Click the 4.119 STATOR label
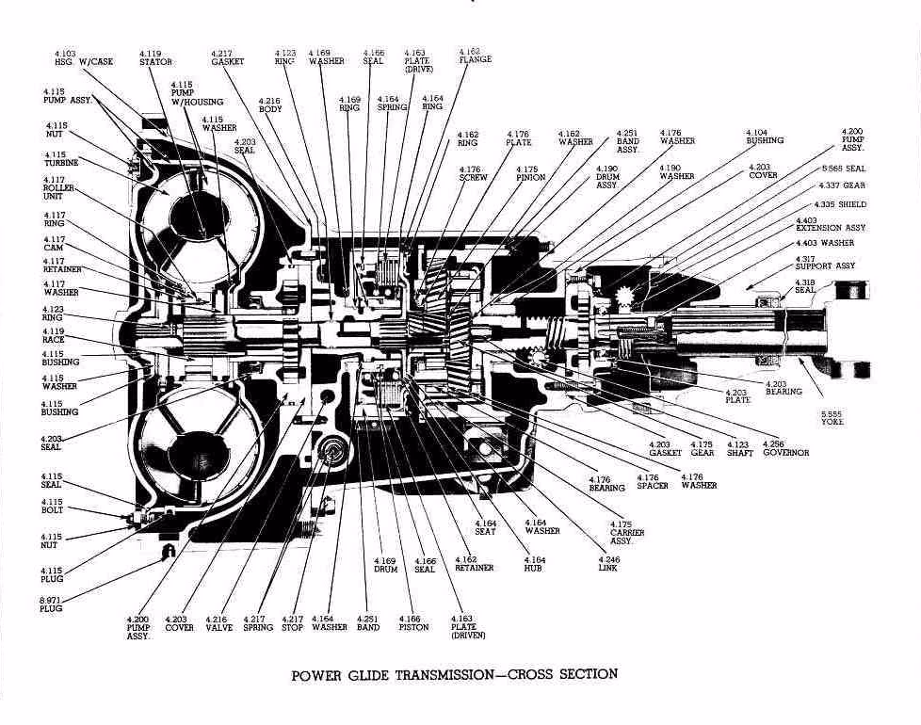click(155, 57)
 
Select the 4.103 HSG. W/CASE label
click(83, 57)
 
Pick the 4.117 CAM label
click(54, 244)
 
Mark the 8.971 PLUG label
click(52, 604)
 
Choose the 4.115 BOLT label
click(53, 506)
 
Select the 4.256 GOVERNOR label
click(785, 448)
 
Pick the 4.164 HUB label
click(533, 564)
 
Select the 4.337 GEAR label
click(841, 185)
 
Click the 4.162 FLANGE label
click(475, 55)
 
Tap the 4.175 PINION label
click(530, 172)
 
